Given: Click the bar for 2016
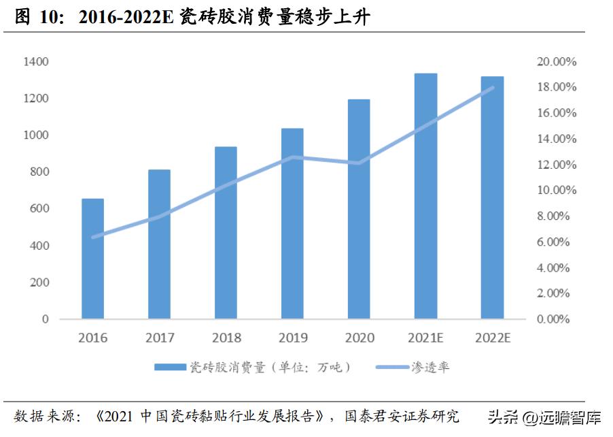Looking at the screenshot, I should click(92, 259).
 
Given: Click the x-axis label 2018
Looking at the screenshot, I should click(226, 338).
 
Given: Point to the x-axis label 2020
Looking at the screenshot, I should click(360, 338).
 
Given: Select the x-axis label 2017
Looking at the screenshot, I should click(160, 338).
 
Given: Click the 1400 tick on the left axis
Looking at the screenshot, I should click(35, 62).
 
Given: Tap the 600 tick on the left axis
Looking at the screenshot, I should click(38, 209).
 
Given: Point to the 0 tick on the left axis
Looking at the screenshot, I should click(46, 319).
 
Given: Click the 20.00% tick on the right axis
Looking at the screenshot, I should click(556, 62).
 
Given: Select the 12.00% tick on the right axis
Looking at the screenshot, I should click(556, 165).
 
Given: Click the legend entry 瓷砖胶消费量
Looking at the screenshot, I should click(251, 368).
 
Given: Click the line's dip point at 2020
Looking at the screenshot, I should click(359, 163).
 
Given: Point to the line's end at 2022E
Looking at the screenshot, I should click(492, 88).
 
